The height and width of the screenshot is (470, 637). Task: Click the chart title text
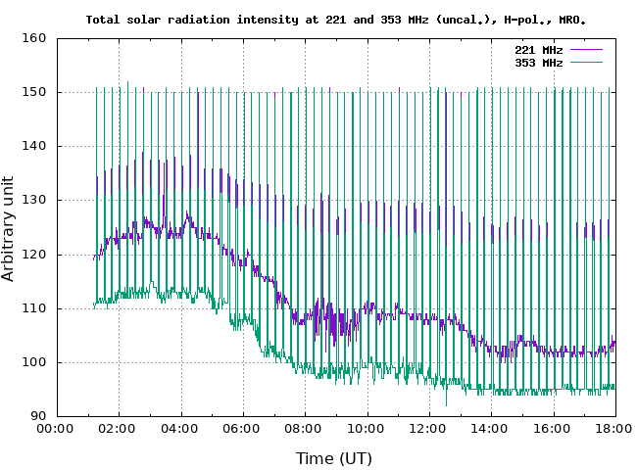tap(336, 19)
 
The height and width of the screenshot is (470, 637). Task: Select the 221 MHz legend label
tap(539, 49)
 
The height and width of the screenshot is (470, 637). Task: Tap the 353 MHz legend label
tap(539, 62)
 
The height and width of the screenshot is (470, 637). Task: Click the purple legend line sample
tap(585, 49)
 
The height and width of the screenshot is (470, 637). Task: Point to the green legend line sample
tap(585, 62)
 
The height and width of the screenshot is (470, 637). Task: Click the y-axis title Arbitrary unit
tap(10, 228)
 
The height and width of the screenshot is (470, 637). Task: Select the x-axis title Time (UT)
tap(334, 457)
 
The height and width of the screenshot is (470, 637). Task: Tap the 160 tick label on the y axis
tap(34, 39)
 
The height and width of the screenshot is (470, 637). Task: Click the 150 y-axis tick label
tap(34, 93)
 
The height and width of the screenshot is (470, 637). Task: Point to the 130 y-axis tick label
tap(34, 201)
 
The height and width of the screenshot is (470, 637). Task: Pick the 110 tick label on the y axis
tap(34, 308)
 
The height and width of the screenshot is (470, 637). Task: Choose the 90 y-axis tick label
tap(38, 417)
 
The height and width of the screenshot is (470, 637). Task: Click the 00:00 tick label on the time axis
tap(56, 429)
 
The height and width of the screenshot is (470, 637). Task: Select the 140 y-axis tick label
tap(34, 147)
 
